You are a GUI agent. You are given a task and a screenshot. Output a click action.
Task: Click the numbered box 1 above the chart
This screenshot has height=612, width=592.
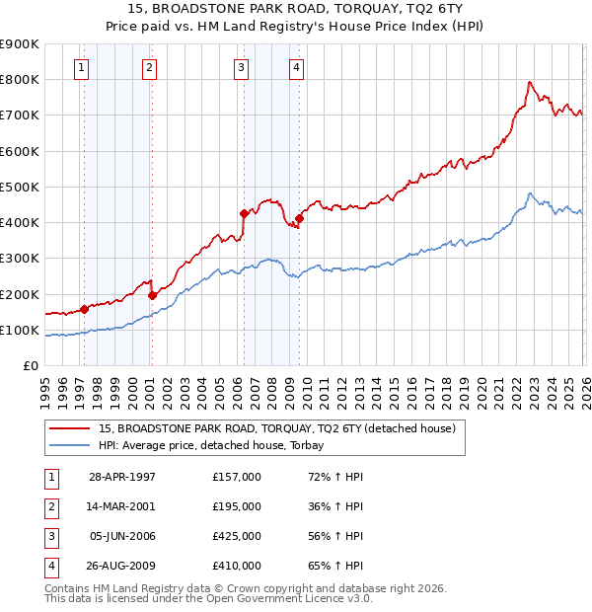point(81,67)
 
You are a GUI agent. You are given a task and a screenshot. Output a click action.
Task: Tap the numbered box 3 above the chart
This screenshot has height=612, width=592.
point(241,67)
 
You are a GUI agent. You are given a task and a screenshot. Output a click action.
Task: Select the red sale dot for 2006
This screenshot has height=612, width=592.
point(244,212)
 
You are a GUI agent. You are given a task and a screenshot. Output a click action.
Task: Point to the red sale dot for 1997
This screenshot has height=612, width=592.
point(85,309)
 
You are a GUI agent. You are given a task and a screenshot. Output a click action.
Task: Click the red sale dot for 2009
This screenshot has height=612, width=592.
point(299,218)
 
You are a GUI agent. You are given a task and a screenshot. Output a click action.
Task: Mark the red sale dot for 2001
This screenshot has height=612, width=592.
point(152,295)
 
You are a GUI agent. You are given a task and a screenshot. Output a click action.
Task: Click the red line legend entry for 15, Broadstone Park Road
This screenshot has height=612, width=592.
point(276,429)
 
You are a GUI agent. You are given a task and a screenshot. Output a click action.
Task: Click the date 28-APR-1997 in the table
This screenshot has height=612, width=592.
point(122,477)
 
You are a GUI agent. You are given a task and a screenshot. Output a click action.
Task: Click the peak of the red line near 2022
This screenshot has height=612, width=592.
point(530,82)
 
